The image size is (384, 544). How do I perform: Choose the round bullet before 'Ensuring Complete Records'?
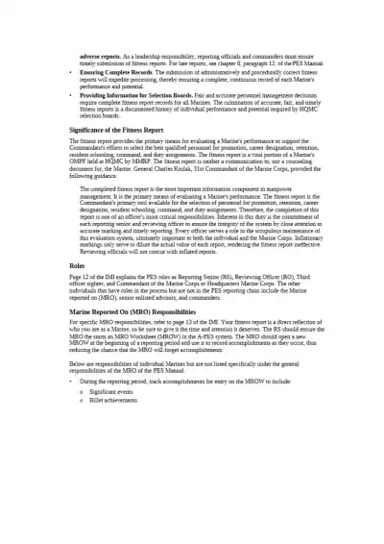(74, 72)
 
